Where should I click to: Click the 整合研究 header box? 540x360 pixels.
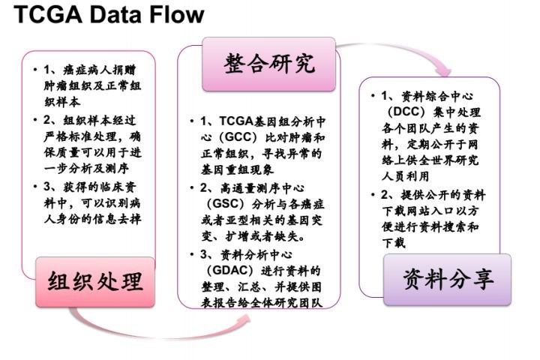268,64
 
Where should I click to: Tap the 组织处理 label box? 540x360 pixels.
95,281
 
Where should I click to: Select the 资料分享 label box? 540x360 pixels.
448,279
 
